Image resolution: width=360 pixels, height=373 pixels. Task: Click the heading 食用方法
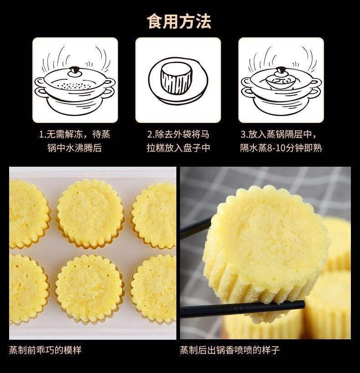179,21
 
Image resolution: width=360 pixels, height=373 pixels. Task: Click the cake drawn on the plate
177,78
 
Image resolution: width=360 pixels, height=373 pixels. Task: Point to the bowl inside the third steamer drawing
280,81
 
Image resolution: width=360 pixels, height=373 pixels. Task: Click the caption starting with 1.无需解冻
75,134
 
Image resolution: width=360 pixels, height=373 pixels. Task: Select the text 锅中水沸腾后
75,148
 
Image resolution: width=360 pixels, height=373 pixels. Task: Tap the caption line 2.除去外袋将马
178,134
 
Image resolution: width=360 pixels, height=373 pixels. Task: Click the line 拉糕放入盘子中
178,148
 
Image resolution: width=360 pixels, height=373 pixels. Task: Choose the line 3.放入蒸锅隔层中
278,134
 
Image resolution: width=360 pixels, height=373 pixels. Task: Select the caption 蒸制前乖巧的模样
45,350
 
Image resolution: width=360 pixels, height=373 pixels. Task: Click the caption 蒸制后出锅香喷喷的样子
230,350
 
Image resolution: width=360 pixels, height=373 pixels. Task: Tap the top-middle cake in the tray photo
91,213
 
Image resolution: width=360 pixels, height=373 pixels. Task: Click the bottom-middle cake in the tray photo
89,288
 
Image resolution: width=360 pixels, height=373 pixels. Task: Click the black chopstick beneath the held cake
242,309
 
